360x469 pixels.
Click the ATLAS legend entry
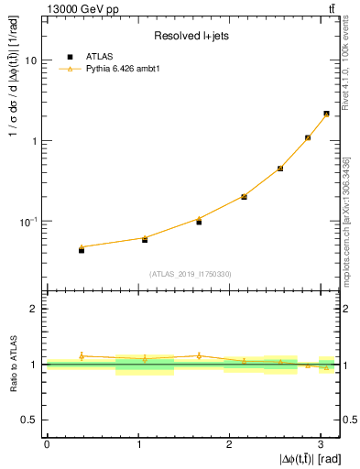pos(100,56)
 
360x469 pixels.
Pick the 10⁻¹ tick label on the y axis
pos(28,222)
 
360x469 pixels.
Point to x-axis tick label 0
pos(47,443)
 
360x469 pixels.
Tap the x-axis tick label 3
pos(320,443)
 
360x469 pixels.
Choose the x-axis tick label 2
pos(229,443)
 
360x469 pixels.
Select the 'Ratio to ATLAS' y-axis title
pos(12,365)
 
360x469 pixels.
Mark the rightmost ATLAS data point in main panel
pos(326,114)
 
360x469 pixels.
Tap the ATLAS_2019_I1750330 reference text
pos(190,274)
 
